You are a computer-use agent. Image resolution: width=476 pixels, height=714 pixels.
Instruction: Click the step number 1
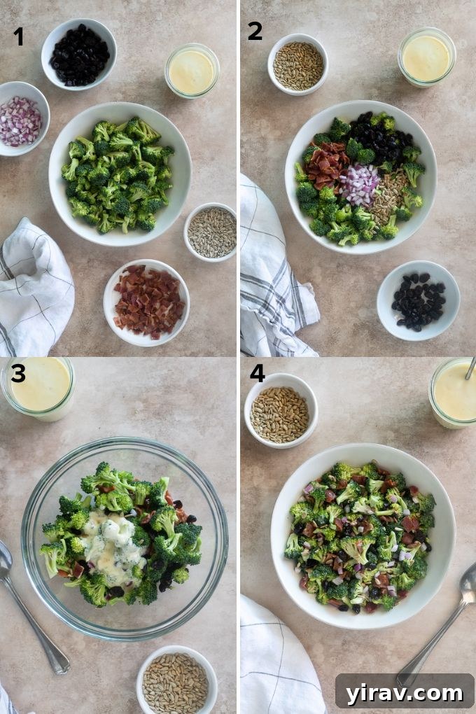click(x=18, y=36)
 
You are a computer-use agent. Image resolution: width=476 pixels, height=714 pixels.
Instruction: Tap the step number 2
click(x=255, y=30)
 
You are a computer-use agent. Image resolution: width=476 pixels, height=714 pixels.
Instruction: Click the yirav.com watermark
click(x=404, y=693)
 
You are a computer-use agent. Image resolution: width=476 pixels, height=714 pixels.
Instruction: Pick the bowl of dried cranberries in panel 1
click(x=79, y=55)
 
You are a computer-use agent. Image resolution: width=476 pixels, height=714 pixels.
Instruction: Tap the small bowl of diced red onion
click(x=21, y=120)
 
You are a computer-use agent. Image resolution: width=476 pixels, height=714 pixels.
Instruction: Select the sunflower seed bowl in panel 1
click(x=211, y=232)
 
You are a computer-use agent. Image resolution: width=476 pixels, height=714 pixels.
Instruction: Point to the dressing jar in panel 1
click(x=192, y=70)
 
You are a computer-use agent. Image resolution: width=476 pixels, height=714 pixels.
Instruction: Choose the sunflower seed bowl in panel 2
click(x=297, y=65)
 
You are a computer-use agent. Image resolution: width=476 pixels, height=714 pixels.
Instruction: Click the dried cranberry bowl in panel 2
click(x=418, y=301)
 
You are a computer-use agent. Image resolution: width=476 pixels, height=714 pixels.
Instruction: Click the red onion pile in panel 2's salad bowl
click(x=360, y=184)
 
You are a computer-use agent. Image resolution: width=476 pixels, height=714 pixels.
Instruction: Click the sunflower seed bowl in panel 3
click(x=176, y=679)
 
